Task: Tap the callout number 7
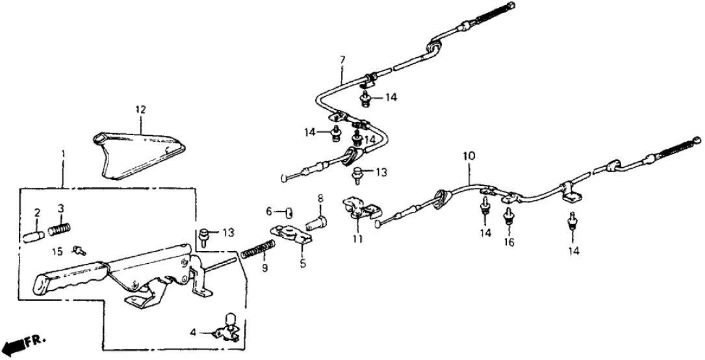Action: coord(342,60)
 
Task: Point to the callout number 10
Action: coord(469,157)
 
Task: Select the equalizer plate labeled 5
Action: coord(290,235)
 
